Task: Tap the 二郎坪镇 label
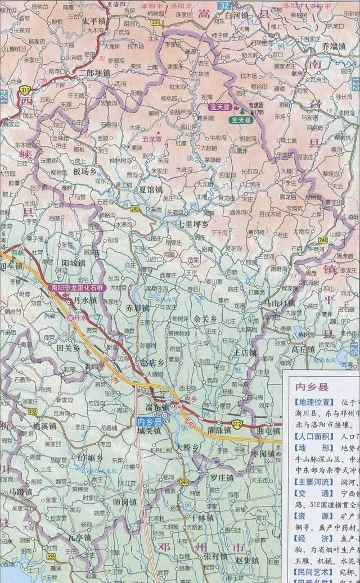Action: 94,73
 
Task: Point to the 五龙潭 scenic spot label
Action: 151,137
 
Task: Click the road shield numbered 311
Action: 25,89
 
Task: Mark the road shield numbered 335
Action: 51,557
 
